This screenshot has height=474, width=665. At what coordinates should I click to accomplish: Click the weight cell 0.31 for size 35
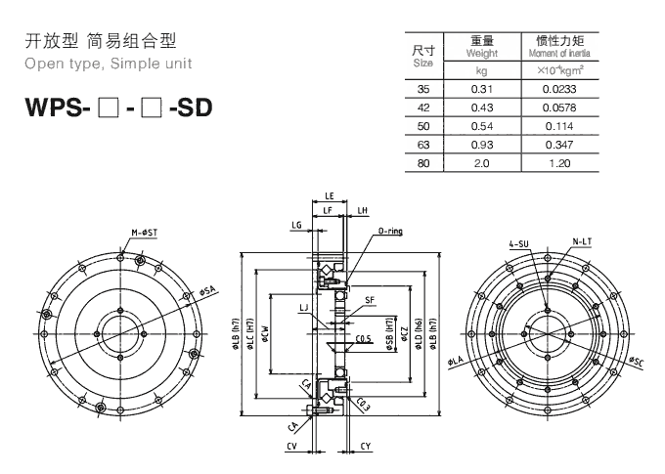tap(481, 90)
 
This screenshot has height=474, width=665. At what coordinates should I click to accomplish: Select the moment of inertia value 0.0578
tap(560, 108)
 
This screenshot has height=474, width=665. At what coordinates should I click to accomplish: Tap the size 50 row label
tap(424, 126)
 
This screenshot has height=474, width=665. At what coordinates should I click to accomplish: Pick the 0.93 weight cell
tap(481, 145)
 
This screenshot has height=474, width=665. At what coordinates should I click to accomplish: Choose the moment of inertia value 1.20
tap(560, 162)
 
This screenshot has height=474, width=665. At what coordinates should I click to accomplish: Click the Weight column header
tap(481, 47)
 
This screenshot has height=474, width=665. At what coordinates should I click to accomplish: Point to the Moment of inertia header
tap(560, 47)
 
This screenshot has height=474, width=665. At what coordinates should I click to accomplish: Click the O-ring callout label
tap(389, 233)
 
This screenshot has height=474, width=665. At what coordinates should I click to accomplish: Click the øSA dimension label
tap(207, 290)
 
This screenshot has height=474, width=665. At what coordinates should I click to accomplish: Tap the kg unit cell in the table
tap(481, 71)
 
